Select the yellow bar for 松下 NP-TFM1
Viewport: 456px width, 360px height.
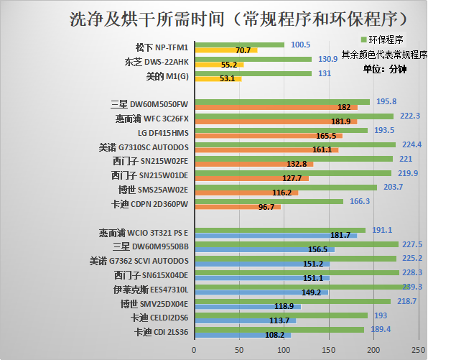click(x=225, y=50)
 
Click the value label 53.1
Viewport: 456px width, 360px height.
click(x=228, y=78)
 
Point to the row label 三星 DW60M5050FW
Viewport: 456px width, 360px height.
click(x=149, y=103)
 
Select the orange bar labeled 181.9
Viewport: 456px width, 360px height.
click(x=276, y=121)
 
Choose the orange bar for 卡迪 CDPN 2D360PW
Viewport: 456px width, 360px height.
click(x=237, y=207)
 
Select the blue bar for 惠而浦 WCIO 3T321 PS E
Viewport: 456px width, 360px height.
click(x=276, y=235)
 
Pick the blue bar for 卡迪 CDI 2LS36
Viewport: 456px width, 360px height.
click(x=242, y=335)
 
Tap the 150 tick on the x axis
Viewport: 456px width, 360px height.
click(x=329, y=349)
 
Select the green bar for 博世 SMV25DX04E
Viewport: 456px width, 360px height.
click(x=292, y=301)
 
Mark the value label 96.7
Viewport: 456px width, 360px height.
click(x=266, y=207)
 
